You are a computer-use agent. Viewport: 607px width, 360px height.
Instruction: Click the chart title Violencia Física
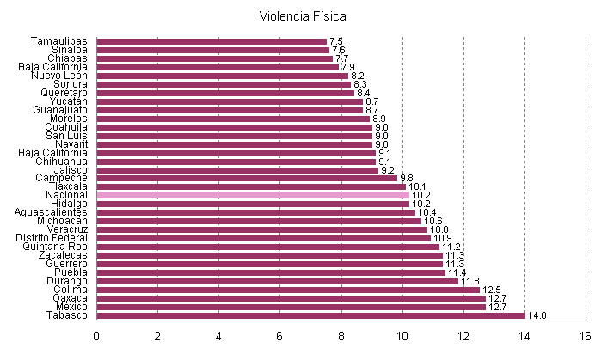tap(303, 16)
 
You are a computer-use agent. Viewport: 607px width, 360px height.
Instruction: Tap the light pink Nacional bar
tap(252, 195)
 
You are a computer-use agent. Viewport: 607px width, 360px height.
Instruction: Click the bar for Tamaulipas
tap(212, 41)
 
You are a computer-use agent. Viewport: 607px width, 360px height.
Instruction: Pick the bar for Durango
tap(277, 281)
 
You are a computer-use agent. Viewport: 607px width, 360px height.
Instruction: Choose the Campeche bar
tap(247, 178)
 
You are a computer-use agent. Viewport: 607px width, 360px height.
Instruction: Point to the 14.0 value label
tap(536, 316)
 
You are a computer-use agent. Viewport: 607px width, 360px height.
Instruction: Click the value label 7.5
tap(336, 41)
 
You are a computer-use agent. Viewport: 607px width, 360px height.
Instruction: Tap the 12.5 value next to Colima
tap(491, 290)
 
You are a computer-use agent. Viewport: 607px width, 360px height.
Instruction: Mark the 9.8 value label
tap(407, 178)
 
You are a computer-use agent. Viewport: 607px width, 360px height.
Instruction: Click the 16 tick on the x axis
tap(585, 336)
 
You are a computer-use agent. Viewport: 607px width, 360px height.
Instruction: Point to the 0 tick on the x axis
tap(97, 336)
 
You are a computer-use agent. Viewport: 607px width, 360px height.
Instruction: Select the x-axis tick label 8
tap(341, 336)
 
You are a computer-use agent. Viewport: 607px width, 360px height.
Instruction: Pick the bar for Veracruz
tap(261, 229)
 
